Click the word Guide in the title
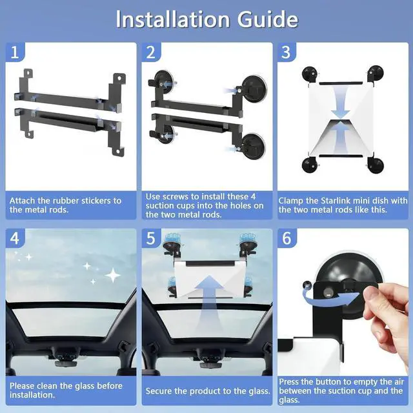(x=268, y=19)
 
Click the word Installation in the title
(x=173, y=19)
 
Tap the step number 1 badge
(x=15, y=52)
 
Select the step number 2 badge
(x=151, y=52)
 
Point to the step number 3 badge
(x=287, y=52)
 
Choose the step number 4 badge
(x=15, y=238)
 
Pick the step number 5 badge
(x=151, y=238)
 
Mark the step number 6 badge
(x=287, y=238)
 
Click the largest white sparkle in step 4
(x=113, y=276)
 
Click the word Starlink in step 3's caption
(x=336, y=201)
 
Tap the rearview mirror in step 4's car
(x=66, y=363)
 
